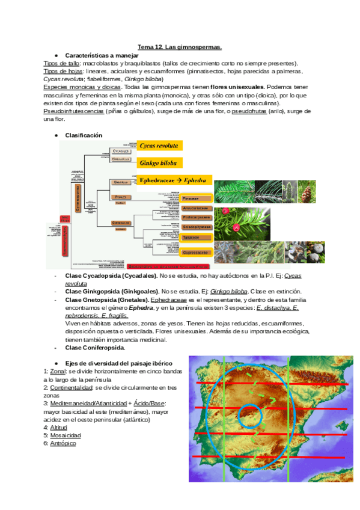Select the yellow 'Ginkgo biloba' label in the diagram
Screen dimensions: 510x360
pyautogui.click(x=159, y=162)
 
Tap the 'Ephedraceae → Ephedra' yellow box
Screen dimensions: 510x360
pyautogui.click(x=174, y=180)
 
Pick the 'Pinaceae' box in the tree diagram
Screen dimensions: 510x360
pyautogui.click(x=196, y=198)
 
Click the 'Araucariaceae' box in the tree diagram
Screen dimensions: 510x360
pyautogui.click(x=196, y=207)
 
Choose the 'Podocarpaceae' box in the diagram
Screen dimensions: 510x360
pyautogui.click(x=196, y=217)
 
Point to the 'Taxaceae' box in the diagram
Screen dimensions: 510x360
pyautogui.click(x=196, y=238)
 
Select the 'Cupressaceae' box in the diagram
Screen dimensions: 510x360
pyautogui.click(x=196, y=253)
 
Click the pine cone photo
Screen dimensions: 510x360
pyautogui.click(x=307, y=191)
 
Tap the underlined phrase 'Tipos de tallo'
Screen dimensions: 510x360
pyautogui.click(x=61, y=63)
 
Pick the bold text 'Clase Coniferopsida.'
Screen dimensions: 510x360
pyautogui.click(x=95, y=347)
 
